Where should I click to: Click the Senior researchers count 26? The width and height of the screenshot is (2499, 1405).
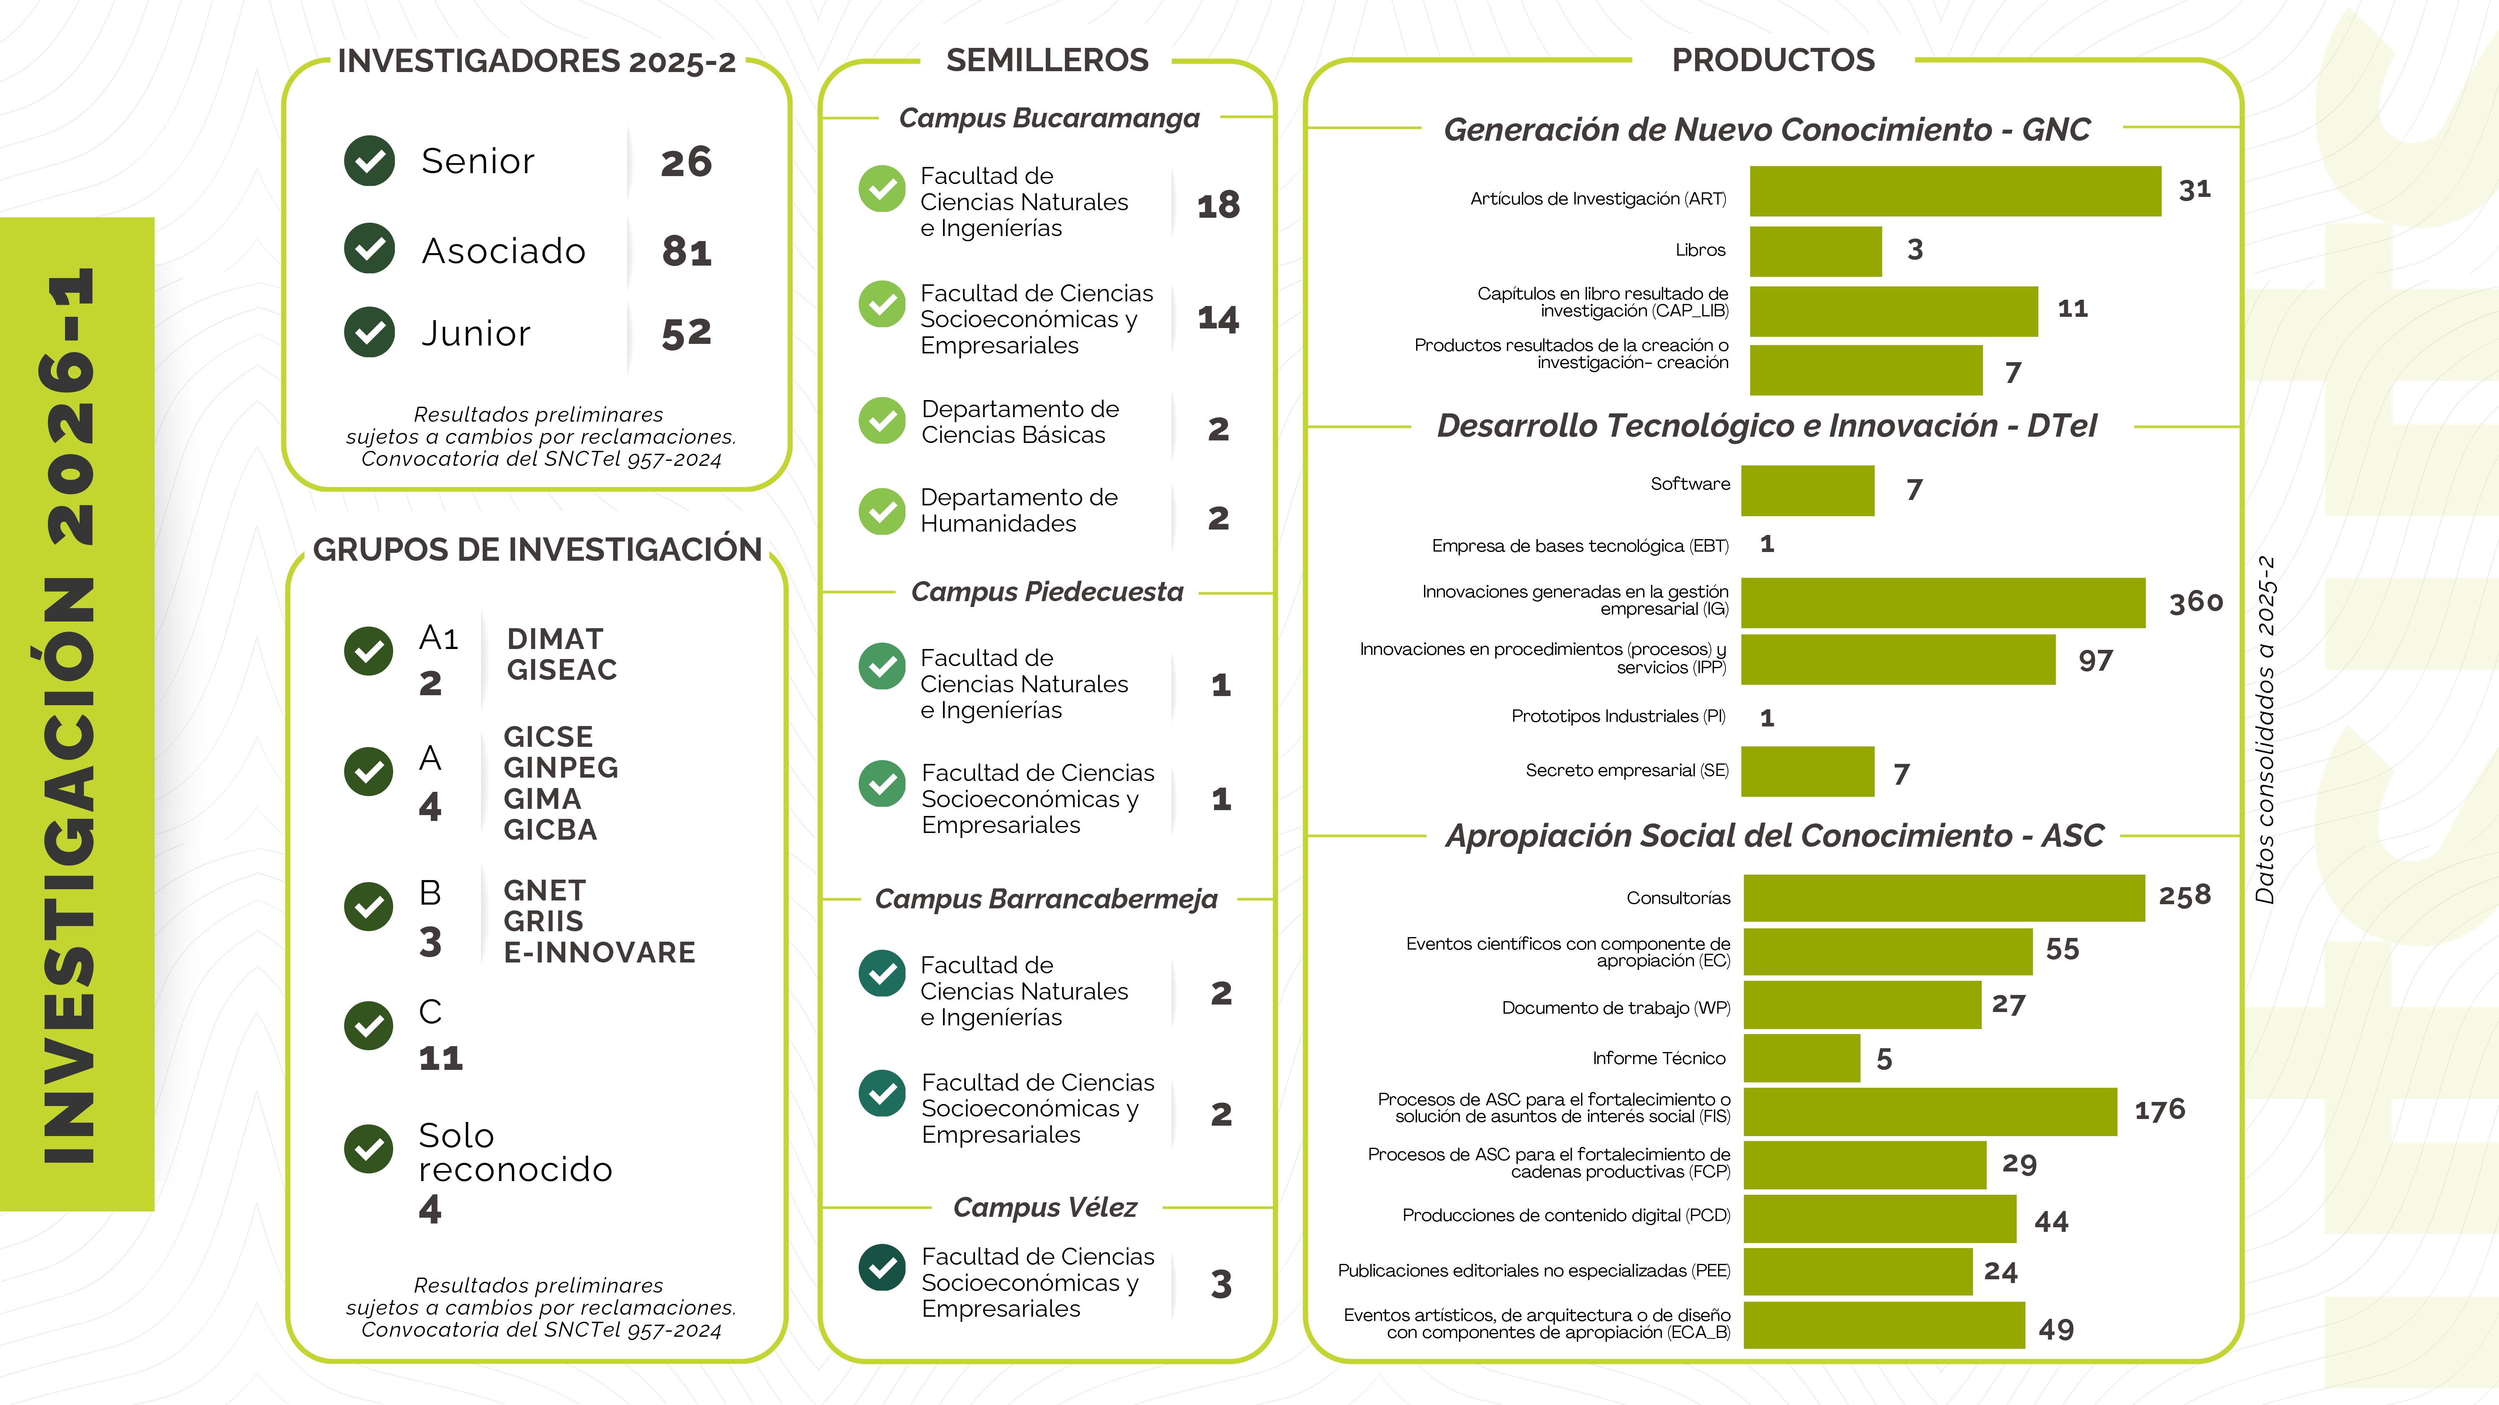tap(686, 162)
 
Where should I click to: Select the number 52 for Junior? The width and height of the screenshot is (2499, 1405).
tap(686, 333)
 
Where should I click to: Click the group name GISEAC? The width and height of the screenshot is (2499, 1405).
tap(562, 670)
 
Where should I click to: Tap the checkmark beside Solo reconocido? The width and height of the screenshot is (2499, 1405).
tap(369, 1149)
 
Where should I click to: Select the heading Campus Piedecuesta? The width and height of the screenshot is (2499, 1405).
tap(1047, 592)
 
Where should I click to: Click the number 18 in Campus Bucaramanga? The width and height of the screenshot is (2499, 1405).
tap(1218, 206)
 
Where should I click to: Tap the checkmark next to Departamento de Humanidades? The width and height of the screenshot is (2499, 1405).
tap(882, 511)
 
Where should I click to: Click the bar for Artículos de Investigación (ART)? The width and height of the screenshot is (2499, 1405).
tap(1955, 191)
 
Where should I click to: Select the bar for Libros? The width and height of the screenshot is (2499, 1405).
tap(1815, 251)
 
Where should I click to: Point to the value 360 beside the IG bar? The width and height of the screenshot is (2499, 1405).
tap(2195, 602)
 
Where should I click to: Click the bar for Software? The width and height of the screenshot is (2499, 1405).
tap(1807, 491)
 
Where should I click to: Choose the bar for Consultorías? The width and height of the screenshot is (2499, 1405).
tap(1944, 898)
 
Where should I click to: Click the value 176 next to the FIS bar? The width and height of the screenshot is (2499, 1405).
tap(2160, 1110)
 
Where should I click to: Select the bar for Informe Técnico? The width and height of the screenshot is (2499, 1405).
tap(1801, 1058)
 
